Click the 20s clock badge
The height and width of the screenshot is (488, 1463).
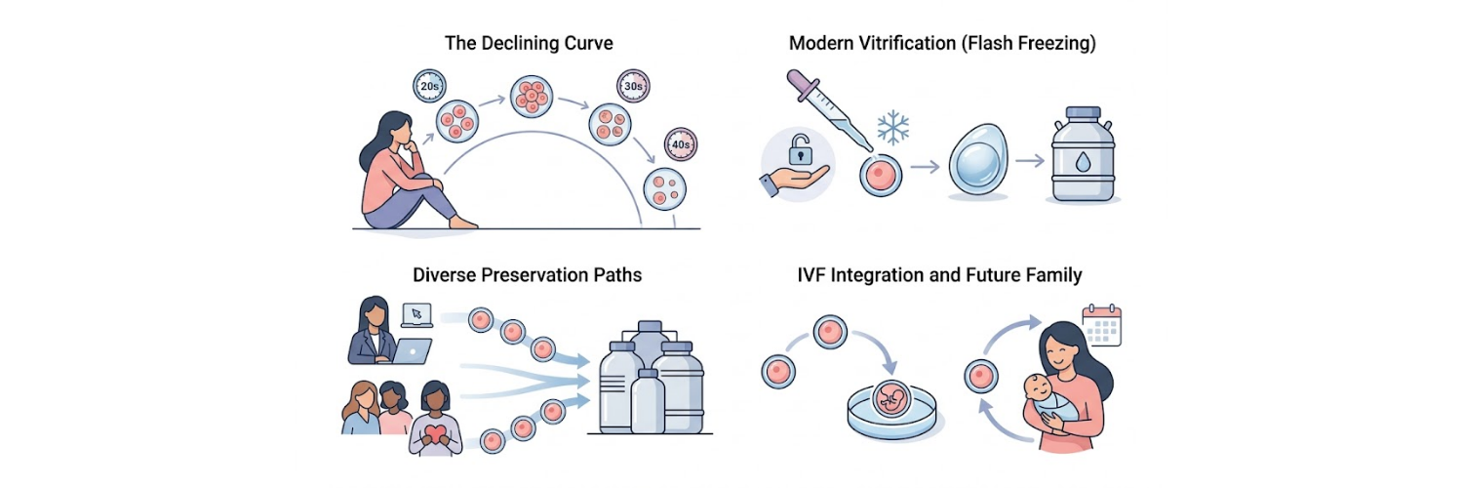(429, 86)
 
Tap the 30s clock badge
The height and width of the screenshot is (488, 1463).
(632, 86)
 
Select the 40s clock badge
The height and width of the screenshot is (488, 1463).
(679, 145)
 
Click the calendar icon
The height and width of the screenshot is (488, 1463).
(1103, 325)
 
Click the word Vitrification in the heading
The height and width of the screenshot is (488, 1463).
(908, 44)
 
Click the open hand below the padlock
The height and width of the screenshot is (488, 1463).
(794, 178)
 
